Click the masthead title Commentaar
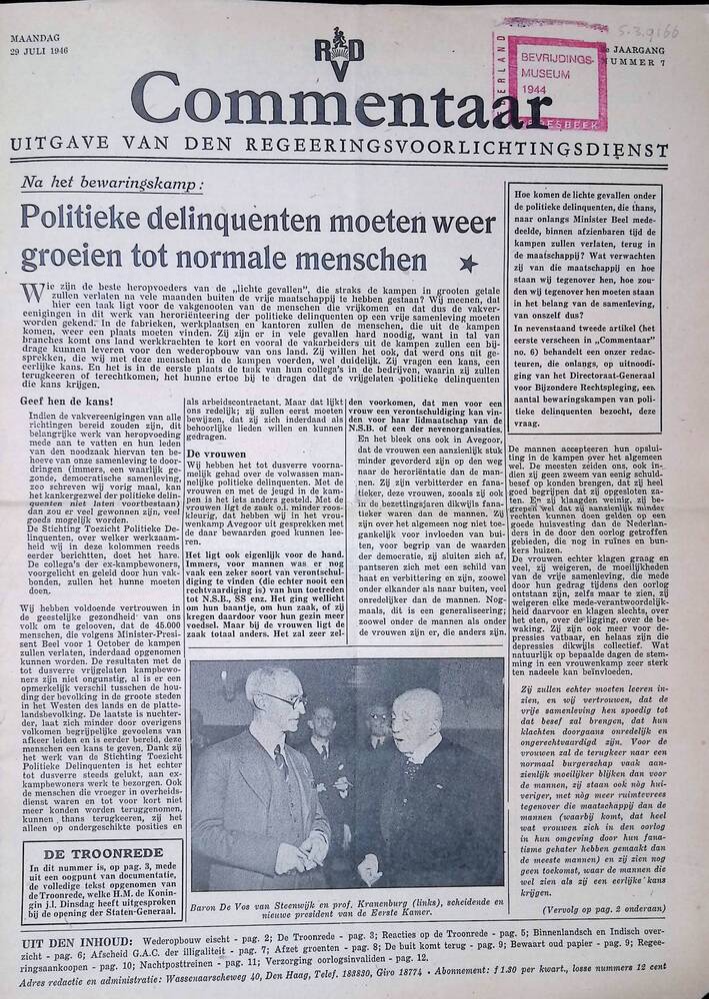click(330, 109)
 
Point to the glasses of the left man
click(284, 699)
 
